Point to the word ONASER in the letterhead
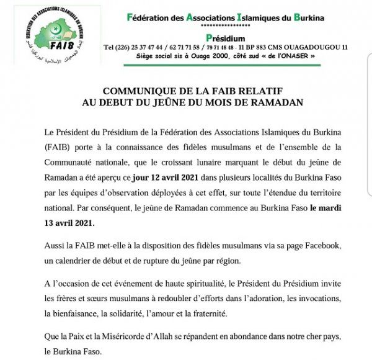(296, 56)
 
